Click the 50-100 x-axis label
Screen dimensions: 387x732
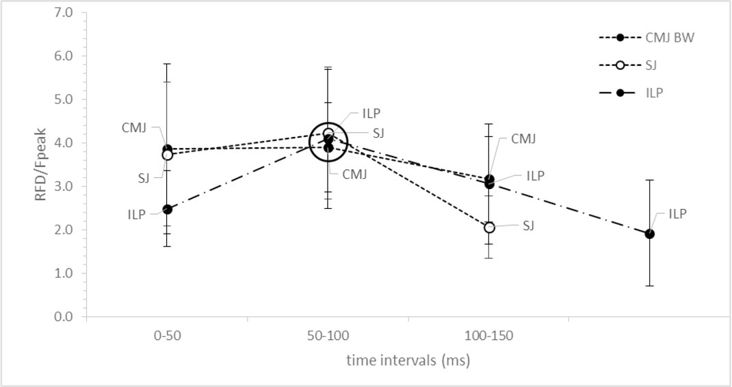(x=328, y=338)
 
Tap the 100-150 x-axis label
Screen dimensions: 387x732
(x=489, y=338)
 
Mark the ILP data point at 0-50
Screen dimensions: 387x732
(x=167, y=209)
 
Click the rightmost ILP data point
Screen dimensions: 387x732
(x=649, y=234)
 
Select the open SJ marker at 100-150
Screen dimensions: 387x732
(x=489, y=227)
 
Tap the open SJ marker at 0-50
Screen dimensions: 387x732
(x=167, y=155)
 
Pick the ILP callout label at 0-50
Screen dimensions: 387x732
(x=137, y=214)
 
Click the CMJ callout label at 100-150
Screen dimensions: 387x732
(x=523, y=139)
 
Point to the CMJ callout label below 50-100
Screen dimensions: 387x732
(x=355, y=174)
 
